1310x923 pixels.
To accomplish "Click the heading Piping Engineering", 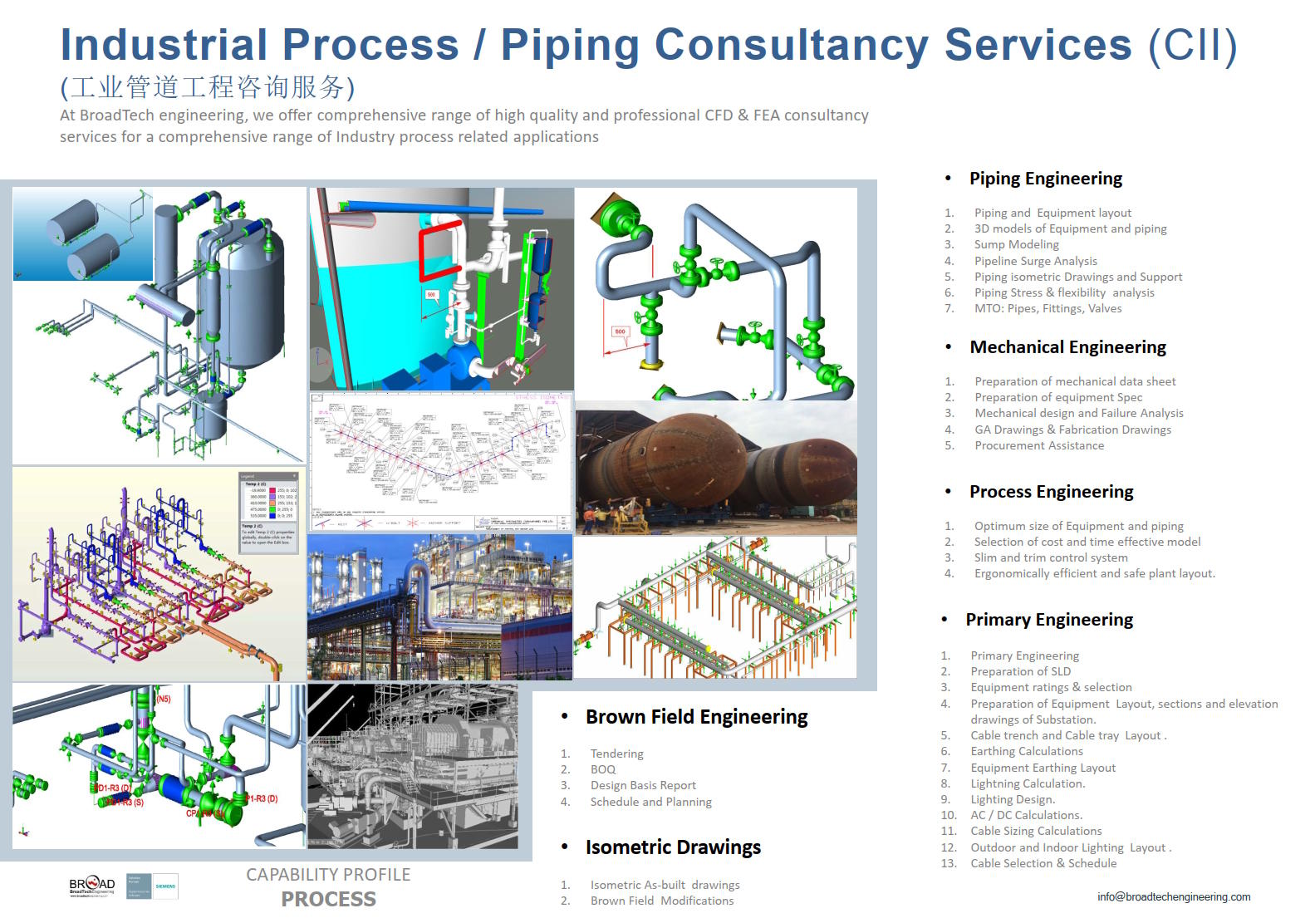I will coord(1045,179).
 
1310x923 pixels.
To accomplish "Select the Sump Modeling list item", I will coord(1016,244).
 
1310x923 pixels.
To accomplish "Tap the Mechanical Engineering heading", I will coord(1067,347).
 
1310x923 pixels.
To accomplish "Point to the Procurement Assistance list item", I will coord(1039,445).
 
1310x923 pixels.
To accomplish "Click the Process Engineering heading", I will coord(1051,492).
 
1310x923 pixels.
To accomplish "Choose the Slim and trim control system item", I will coord(1051,557).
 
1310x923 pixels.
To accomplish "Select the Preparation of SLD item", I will coord(1020,671).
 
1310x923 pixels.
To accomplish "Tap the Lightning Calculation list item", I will coord(1028,783).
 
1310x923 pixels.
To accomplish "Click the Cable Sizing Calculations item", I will coord(1036,831).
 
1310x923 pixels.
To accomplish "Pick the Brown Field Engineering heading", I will coord(696,717).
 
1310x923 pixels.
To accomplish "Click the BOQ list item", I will coord(603,769).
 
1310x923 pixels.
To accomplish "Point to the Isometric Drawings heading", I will coord(673,847).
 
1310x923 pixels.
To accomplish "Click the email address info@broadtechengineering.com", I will coord(1173,896).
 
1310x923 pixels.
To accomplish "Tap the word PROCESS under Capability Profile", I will coord(328,899).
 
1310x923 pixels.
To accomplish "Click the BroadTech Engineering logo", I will coord(92,886).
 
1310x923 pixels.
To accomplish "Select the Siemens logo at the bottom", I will coord(165,886).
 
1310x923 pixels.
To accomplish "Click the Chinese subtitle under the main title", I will coord(208,87).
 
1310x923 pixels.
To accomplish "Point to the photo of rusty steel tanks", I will coord(715,468).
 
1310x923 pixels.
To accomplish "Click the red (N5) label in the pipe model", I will coord(163,699).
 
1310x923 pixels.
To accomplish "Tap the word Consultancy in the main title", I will coord(791,45).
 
